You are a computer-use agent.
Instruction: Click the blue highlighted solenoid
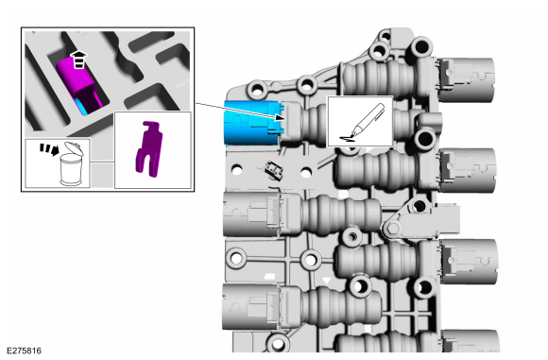[251, 122]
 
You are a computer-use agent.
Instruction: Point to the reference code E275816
[25, 351]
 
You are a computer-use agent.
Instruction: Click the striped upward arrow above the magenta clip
[79, 60]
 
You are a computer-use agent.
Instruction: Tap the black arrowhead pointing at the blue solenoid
[281, 117]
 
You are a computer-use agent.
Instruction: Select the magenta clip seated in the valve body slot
[79, 84]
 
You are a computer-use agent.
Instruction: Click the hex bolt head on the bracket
[394, 229]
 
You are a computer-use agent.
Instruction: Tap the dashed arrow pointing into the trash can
[49, 149]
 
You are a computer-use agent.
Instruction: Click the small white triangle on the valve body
[327, 280]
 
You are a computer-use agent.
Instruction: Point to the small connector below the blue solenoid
[274, 170]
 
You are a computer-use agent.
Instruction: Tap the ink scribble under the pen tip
[349, 139]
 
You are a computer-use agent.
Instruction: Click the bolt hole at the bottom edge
[279, 343]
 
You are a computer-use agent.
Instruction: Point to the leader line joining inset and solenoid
[235, 111]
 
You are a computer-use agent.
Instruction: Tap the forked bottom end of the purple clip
[146, 163]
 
